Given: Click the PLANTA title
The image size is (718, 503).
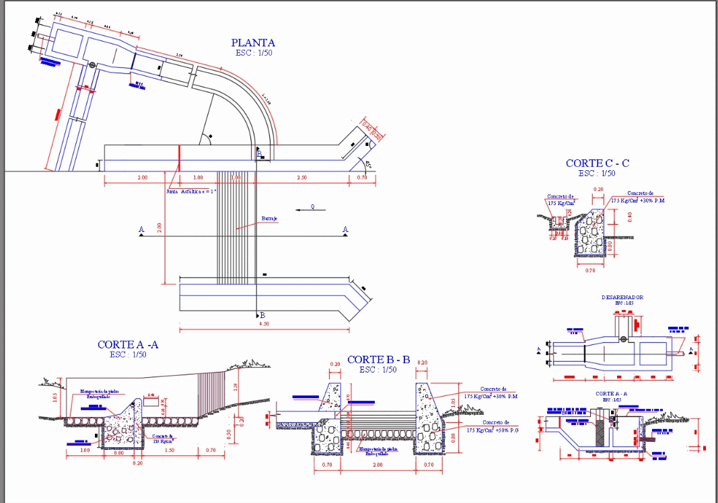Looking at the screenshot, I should point(253,43).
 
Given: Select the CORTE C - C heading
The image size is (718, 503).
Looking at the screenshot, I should point(598,163).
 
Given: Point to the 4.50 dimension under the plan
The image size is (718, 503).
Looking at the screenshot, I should point(265,323).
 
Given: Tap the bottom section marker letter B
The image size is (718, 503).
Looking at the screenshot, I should point(262,315).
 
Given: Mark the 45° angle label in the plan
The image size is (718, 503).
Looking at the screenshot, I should point(368,163).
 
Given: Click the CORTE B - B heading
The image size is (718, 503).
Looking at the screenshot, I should point(379,360).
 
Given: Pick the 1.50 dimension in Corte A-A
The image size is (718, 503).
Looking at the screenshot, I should point(172,450).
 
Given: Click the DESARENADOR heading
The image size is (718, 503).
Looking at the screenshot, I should point(622,297).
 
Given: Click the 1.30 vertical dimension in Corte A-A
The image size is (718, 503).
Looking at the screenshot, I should point(235,387).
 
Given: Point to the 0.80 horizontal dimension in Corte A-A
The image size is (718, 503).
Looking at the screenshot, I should point(118,453).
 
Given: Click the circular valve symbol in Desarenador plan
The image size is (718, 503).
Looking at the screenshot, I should point(624,340).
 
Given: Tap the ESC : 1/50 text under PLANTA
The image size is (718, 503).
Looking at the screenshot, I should point(254,53).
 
